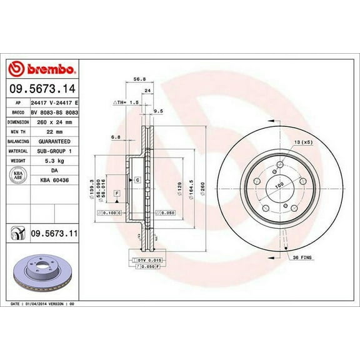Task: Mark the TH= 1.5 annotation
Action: point(125,101)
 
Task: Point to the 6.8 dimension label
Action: point(115,137)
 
